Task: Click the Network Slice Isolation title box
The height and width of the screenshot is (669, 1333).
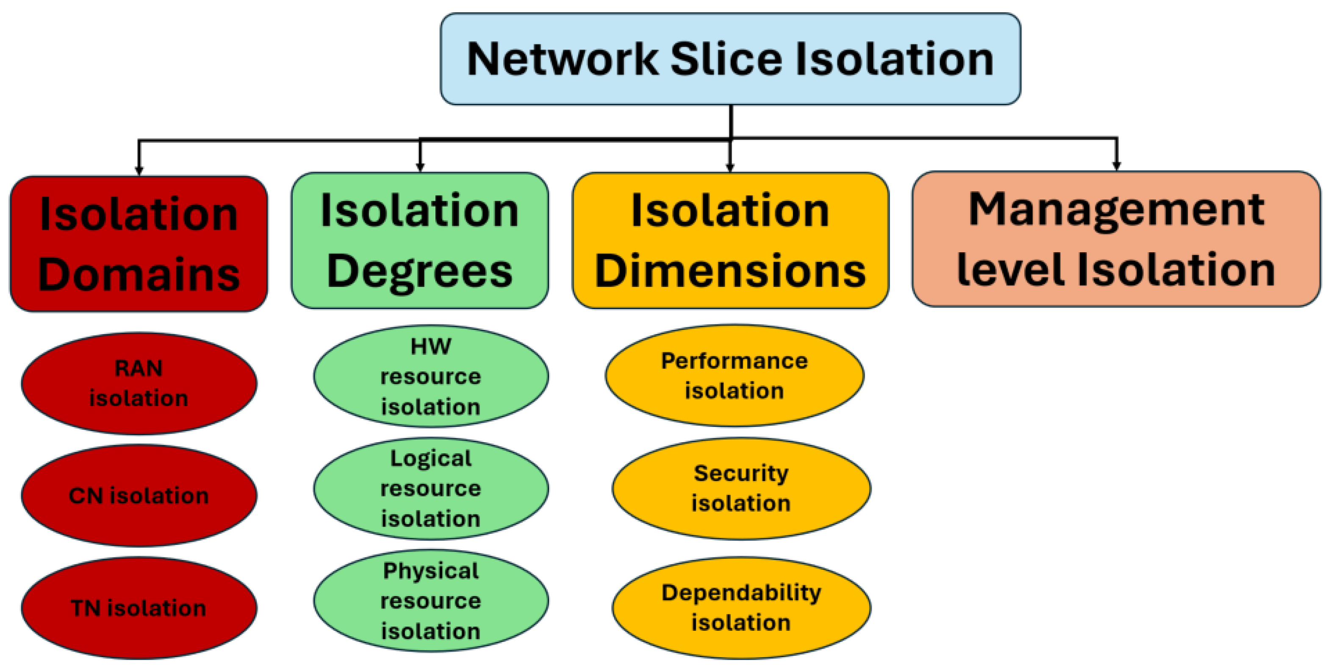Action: (730, 59)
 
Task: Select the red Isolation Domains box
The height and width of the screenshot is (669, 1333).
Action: (139, 243)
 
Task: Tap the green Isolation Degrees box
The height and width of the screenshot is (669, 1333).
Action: (419, 240)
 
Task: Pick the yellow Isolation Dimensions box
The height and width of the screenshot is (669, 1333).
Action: (730, 240)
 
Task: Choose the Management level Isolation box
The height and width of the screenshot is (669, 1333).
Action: (1116, 239)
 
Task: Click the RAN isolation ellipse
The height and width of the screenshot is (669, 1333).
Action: (139, 383)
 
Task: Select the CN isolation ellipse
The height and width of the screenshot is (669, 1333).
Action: (139, 496)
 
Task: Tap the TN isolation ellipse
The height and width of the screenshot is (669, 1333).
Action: (139, 608)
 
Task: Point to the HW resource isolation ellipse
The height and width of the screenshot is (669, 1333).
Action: (430, 376)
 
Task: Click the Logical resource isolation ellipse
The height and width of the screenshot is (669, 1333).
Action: (430, 488)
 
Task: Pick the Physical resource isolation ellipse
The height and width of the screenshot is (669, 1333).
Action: (430, 601)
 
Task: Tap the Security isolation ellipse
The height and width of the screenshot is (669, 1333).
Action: (741, 488)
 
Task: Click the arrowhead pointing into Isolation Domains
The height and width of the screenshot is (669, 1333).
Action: (139, 170)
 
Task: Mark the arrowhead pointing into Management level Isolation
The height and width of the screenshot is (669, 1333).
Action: (1116, 165)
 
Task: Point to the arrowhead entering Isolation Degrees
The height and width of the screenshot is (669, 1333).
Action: (420, 167)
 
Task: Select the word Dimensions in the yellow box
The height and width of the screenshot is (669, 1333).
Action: (730, 271)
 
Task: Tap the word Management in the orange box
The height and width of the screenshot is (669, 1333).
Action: (1116, 210)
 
